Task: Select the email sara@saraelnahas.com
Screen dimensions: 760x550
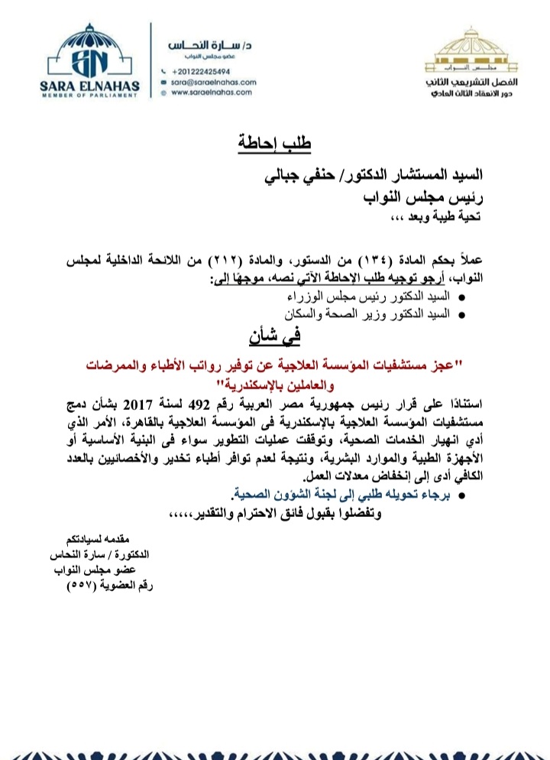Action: coord(213,81)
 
